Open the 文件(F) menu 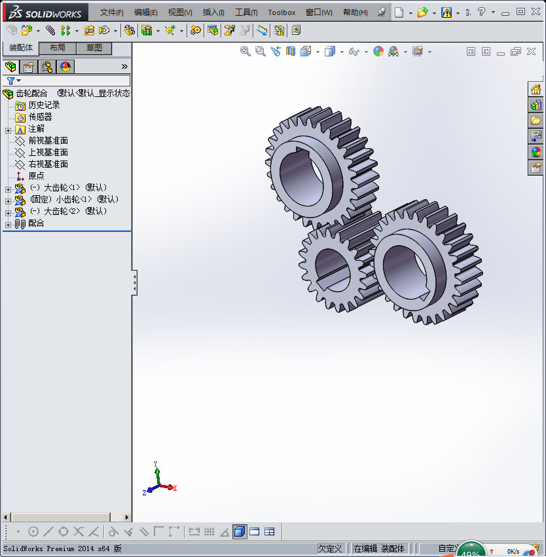[111, 12]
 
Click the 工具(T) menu [247, 12]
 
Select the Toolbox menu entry [282, 12]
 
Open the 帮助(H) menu [355, 12]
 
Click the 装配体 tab [21, 48]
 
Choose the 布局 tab [58, 48]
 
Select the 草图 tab [94, 48]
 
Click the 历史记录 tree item [44, 105]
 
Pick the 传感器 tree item [40, 117]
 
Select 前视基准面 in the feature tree [48, 140]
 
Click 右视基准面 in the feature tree [48, 164]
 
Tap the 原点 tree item [36, 176]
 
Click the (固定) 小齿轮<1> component [74, 199]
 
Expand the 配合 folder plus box [8, 224]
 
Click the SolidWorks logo [45, 12]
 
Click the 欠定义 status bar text [330, 548]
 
